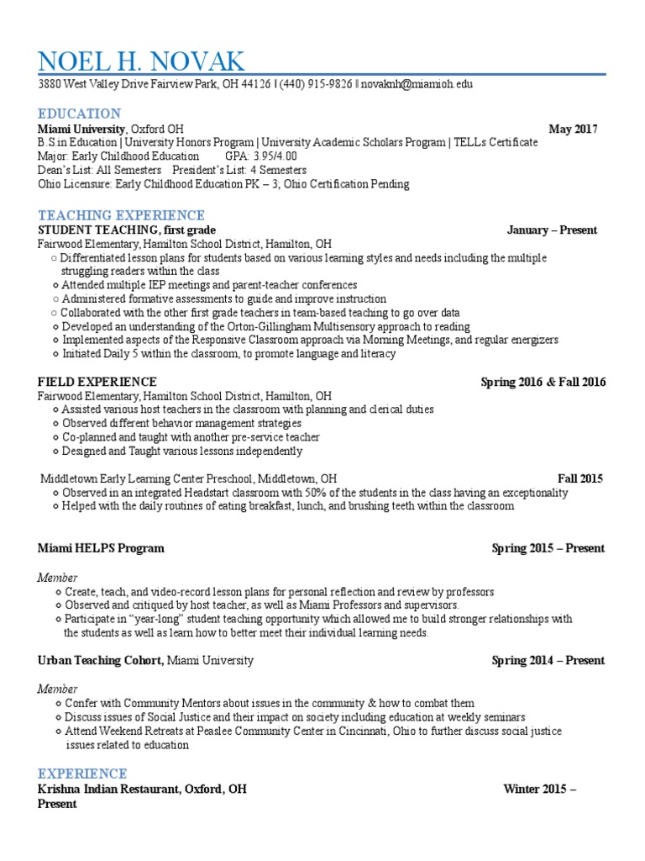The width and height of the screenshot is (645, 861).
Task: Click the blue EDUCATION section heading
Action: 79,114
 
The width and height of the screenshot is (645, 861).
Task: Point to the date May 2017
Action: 573,129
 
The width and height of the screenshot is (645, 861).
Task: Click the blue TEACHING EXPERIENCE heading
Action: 121,215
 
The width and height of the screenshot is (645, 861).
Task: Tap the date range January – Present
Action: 552,230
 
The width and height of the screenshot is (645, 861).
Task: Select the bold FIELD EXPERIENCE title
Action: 97,382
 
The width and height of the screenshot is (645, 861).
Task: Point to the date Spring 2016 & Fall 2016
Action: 543,382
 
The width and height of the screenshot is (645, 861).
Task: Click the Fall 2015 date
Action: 580,478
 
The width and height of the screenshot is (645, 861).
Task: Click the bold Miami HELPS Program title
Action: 101,548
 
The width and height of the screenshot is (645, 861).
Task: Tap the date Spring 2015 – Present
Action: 548,548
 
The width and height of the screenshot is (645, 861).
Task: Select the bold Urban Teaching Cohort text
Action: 100,660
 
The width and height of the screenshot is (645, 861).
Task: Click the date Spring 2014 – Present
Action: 548,660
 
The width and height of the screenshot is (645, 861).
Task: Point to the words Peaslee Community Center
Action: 265,732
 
